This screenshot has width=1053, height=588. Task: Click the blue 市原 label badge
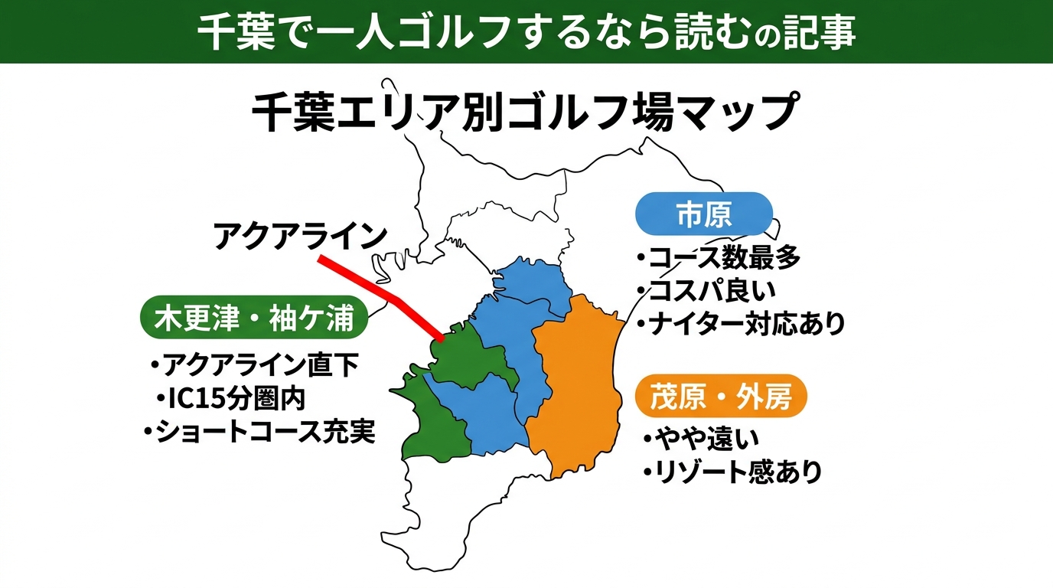pos(704,214)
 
